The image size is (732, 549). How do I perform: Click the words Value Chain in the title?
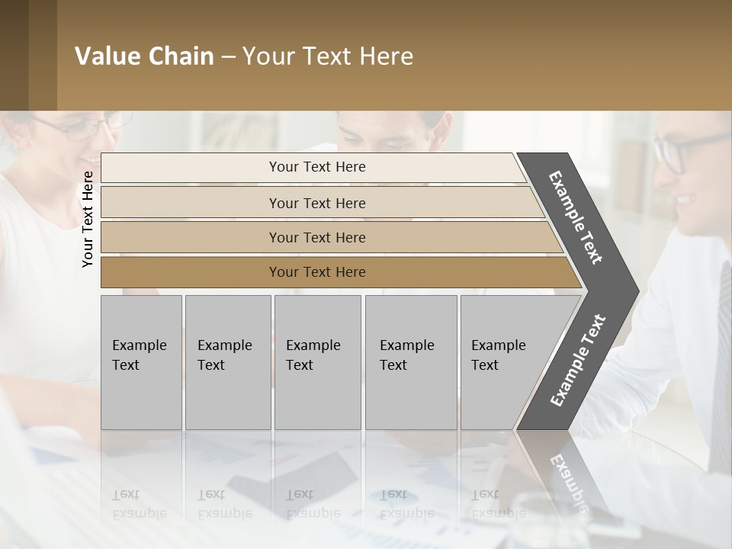coord(144,56)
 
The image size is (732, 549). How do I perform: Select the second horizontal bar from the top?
coord(317,203)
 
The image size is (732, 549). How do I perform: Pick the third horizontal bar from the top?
coord(317,237)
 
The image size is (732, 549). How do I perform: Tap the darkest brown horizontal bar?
coord(317,272)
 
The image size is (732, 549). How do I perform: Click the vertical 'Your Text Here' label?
coord(88,219)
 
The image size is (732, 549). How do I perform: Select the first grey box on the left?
coord(141,362)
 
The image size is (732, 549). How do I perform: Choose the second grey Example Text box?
coord(227,362)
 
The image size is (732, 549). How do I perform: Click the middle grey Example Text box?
coord(317,362)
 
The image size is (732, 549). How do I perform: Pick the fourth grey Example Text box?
coord(411,362)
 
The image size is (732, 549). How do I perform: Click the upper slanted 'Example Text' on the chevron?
coord(576,217)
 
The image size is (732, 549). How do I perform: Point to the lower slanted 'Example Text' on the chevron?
coord(577,360)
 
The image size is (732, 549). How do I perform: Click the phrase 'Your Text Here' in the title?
coord(328,56)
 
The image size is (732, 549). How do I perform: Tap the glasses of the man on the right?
coord(686,149)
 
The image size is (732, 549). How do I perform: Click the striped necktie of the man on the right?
coord(721,366)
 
